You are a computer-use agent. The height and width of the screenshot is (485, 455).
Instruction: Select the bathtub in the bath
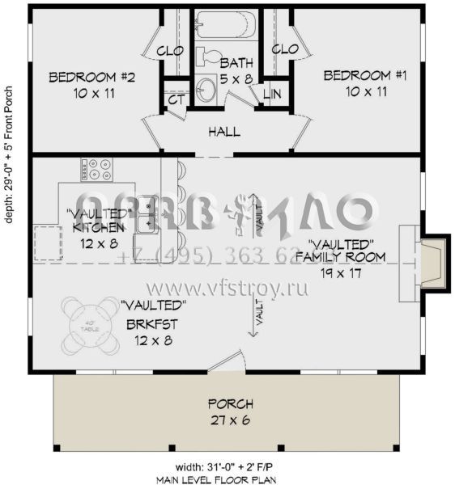[226, 27]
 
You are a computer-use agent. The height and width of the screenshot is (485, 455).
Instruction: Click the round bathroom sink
[206, 91]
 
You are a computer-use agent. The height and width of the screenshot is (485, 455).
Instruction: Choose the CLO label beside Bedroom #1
[284, 49]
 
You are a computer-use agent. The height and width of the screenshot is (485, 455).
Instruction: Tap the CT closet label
[176, 99]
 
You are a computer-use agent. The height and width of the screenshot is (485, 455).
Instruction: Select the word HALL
[223, 131]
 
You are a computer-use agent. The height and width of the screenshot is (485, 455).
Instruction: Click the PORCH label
[230, 403]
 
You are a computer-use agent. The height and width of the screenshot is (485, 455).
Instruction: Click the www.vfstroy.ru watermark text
[228, 288]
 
